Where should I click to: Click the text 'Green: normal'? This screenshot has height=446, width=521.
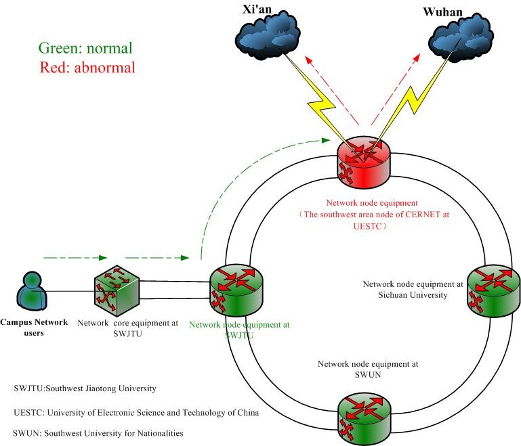click(x=85, y=48)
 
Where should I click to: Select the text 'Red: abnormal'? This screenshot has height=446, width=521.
click(x=88, y=67)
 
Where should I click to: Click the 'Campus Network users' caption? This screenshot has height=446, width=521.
click(x=35, y=327)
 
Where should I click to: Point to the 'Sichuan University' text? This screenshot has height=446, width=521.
click(x=405, y=295)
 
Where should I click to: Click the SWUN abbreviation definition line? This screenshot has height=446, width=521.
click(x=98, y=433)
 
